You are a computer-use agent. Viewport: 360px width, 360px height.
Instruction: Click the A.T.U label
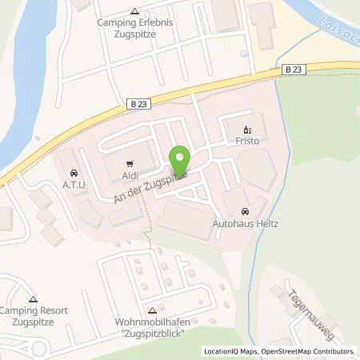(x=74, y=183)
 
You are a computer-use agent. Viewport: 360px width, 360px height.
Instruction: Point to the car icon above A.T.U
(x=74, y=171)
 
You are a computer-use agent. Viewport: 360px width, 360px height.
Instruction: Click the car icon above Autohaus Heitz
(x=245, y=199)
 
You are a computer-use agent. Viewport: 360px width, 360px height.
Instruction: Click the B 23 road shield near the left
(x=114, y=102)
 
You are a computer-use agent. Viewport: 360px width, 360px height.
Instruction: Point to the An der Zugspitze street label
(x=151, y=181)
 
